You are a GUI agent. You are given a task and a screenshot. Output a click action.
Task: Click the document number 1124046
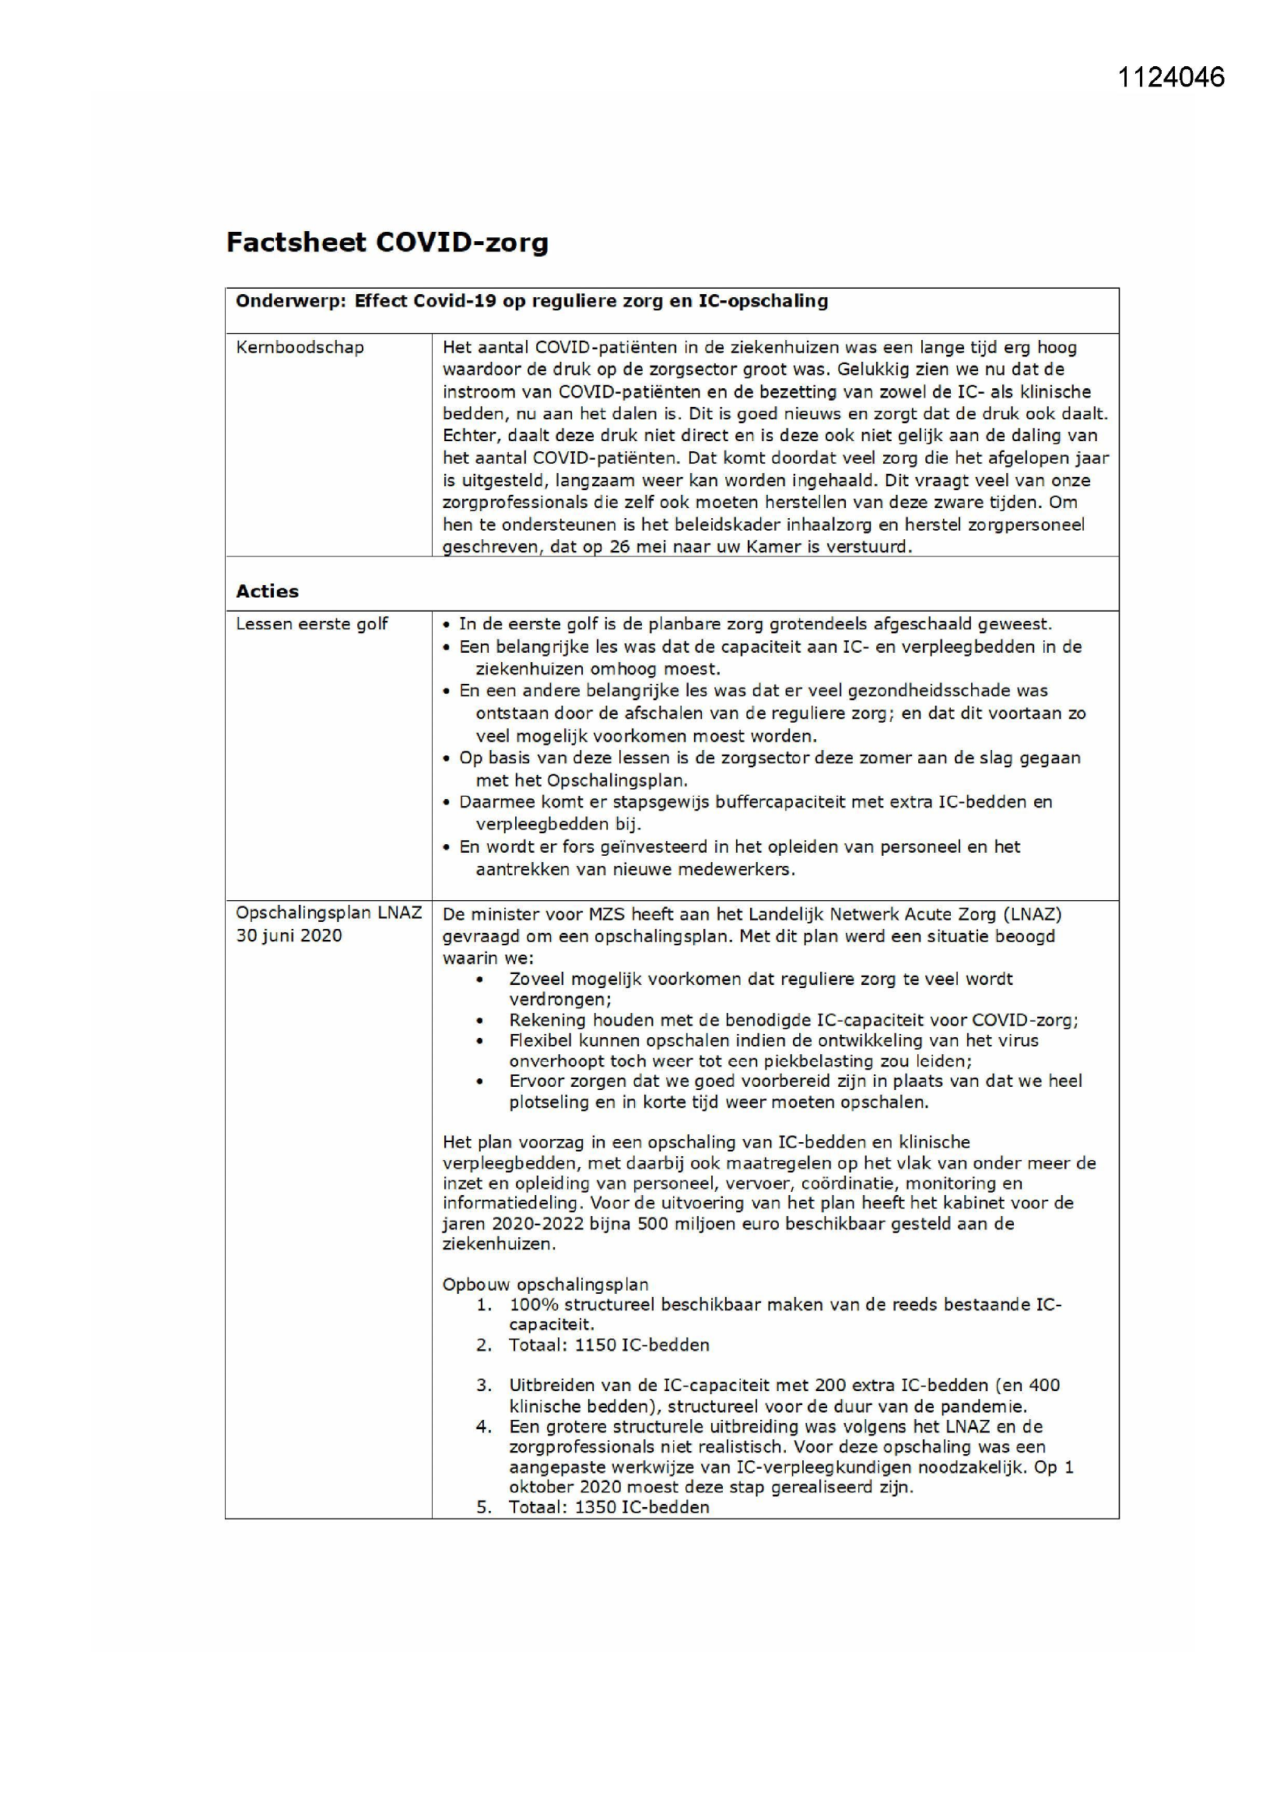[x=1170, y=77]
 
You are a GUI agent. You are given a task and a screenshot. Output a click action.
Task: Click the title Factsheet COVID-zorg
[x=387, y=242]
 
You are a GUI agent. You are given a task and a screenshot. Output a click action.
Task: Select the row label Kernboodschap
[x=300, y=347]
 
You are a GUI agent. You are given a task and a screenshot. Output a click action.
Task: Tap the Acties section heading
[x=267, y=591]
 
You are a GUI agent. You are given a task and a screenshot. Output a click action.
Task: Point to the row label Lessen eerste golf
[x=311, y=623]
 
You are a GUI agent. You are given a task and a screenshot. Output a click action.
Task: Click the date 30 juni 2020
[x=289, y=935]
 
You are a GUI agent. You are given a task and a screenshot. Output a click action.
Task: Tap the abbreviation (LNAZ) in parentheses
[x=1032, y=914]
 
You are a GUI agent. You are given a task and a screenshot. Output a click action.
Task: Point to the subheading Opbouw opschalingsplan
[x=545, y=1285]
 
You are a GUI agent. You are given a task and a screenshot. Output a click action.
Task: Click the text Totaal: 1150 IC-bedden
[x=608, y=1344]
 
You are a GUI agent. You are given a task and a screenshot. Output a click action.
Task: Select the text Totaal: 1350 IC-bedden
[x=608, y=1507]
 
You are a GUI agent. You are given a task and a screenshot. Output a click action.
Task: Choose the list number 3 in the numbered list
[x=482, y=1386]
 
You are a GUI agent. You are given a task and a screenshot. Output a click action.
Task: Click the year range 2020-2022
[x=540, y=1224]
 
